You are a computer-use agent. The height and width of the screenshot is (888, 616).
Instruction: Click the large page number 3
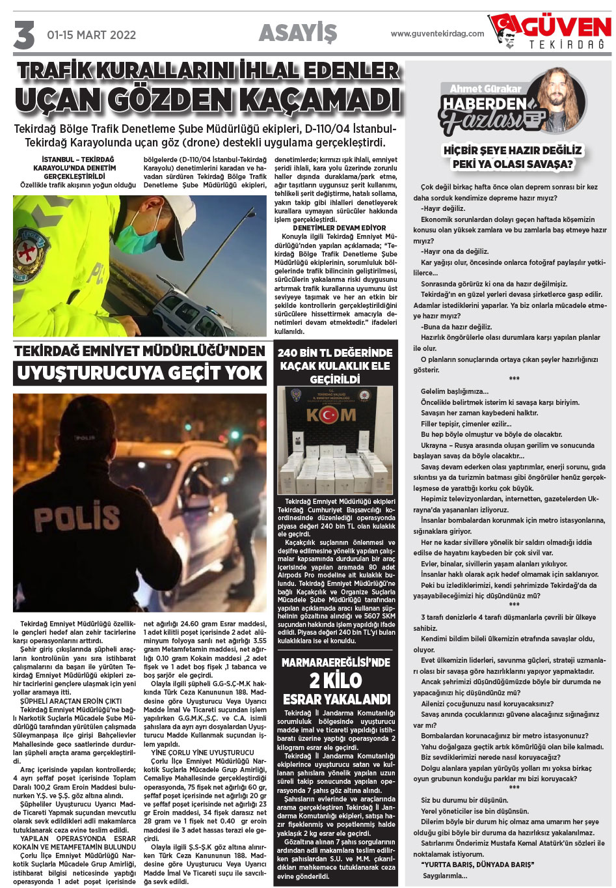click(x=24, y=35)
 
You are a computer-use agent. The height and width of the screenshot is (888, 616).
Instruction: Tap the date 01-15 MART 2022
click(x=91, y=35)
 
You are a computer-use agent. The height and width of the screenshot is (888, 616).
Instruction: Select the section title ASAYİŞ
click(x=298, y=33)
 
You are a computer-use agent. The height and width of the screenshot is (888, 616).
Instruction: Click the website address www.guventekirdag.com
click(x=437, y=34)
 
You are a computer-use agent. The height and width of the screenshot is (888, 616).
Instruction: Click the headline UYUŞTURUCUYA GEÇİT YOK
click(x=140, y=373)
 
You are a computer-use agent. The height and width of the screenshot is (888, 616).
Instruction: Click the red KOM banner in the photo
click(x=331, y=415)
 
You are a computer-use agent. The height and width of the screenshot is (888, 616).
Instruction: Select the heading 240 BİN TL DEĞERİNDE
click(x=335, y=353)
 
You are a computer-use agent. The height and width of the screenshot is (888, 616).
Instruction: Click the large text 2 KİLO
click(x=335, y=680)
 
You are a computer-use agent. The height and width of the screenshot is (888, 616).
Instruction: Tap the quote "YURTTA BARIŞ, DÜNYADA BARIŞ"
click(x=477, y=865)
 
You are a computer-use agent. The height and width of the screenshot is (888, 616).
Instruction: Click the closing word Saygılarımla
click(x=445, y=876)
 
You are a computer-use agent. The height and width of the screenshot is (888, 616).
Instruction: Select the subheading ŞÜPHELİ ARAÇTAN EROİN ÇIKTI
click(x=71, y=701)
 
